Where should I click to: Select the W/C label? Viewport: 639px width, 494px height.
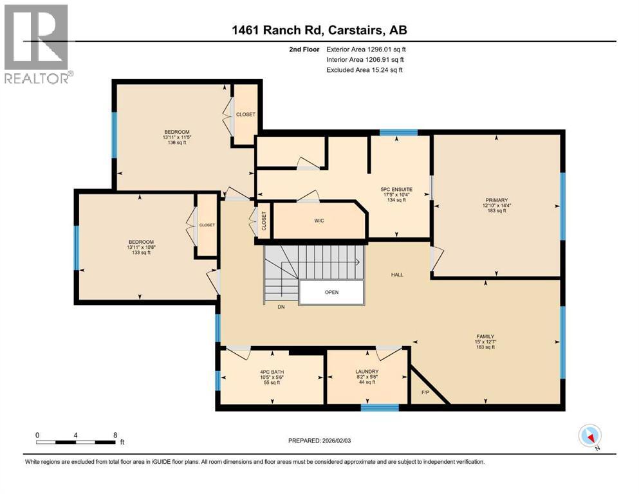point(319,221)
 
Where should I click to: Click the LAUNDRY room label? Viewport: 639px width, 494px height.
point(366,372)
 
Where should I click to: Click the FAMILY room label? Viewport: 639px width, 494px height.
point(485,336)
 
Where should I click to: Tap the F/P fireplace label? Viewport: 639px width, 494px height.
point(425,392)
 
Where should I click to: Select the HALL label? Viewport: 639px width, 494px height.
point(397,275)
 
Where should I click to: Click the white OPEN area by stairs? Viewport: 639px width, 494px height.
point(331,292)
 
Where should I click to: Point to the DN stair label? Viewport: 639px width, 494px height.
point(281,307)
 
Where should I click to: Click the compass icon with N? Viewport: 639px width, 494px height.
point(589,436)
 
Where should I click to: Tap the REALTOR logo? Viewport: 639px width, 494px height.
point(36,44)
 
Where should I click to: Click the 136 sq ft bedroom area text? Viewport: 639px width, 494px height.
point(176,143)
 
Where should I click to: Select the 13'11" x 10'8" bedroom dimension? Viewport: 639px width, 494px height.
point(140,247)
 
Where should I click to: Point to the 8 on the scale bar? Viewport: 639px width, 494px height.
point(115,435)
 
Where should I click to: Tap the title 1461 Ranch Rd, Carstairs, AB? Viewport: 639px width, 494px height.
point(319,30)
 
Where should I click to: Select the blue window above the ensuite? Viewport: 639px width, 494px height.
point(398,133)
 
